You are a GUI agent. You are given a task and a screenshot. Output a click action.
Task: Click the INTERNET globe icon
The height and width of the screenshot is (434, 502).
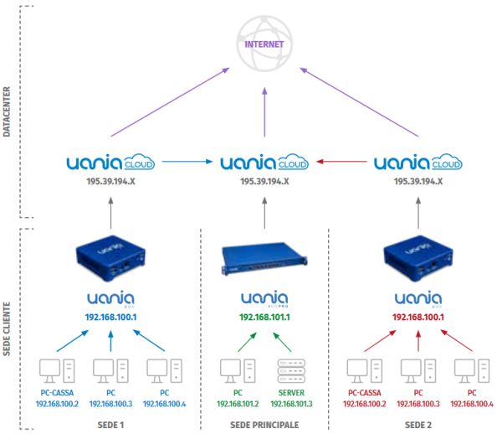coord(264,44)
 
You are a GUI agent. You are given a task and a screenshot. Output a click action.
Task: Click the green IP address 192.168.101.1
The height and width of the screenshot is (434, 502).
coord(264,318)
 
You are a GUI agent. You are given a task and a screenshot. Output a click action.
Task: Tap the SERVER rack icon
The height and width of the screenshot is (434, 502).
coord(291,371)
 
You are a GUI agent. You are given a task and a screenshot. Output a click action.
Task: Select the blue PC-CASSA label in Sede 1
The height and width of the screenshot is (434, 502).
coord(57,393)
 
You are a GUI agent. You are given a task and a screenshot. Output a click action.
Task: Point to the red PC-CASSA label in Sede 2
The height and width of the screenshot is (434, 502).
coord(364,393)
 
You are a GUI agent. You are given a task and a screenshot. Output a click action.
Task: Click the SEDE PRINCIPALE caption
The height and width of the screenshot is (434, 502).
coord(264,425)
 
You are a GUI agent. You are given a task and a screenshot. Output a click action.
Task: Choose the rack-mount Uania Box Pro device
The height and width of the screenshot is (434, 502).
coord(264,258)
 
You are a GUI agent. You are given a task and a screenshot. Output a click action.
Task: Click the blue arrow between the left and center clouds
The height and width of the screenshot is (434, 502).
coord(187,162)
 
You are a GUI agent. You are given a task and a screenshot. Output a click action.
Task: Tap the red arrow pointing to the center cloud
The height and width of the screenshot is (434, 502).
coord(341,162)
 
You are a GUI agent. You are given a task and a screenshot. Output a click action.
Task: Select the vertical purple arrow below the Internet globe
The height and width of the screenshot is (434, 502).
coord(264,112)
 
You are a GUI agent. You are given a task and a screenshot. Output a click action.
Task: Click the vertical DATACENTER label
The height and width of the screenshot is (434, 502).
coord(7,111)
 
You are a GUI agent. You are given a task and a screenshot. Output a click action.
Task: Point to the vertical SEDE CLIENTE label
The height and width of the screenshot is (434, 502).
coord(7,329)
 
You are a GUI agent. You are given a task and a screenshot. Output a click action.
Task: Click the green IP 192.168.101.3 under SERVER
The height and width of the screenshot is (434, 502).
coord(291,404)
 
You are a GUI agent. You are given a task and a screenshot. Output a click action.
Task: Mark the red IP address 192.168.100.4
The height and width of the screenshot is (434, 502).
coord(472,404)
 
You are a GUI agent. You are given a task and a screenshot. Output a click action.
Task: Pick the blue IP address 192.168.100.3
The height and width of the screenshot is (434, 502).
coord(110,404)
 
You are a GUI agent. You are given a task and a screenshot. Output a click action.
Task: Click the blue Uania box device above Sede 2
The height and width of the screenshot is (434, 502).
coord(418,258)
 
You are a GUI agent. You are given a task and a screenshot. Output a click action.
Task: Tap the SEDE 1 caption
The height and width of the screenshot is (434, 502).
coord(110,425)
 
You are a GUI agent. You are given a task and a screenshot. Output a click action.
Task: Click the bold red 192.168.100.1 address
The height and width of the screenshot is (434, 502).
coord(418,318)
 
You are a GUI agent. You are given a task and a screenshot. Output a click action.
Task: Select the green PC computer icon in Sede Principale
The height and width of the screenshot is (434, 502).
coord(238,371)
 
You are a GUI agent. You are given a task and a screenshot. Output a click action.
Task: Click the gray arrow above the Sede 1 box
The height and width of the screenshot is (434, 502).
coord(110,213)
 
